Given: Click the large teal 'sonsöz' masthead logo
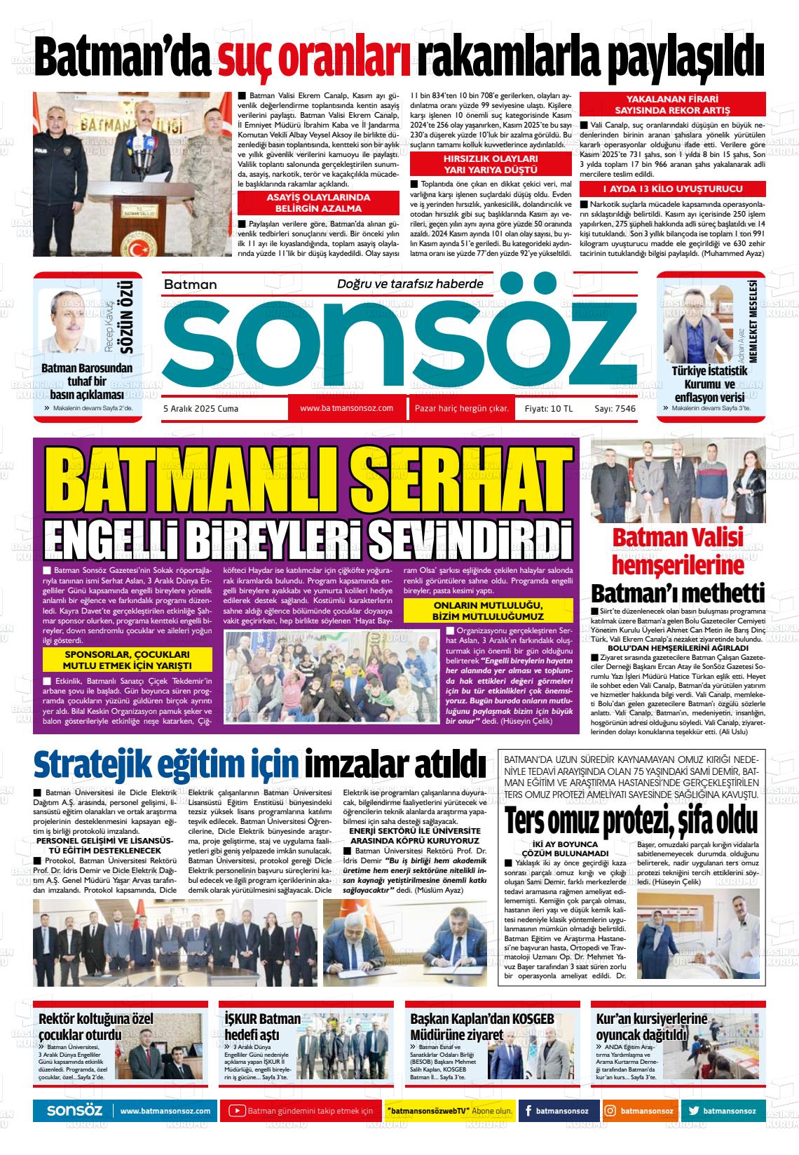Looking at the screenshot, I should coord(399,344).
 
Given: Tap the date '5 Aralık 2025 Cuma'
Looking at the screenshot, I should coord(200,409).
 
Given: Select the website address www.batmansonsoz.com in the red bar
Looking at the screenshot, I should coord(346,408).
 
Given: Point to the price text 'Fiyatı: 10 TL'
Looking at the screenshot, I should coord(544,409).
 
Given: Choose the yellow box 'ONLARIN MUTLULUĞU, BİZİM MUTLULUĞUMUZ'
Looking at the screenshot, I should coord(489,610).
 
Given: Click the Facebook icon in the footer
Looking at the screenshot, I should coord(526,1111).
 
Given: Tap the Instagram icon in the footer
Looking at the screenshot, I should coord(610,1111).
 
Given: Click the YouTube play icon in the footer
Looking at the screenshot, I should coord(237,1111).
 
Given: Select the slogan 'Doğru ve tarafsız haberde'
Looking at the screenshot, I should coord(410,284).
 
